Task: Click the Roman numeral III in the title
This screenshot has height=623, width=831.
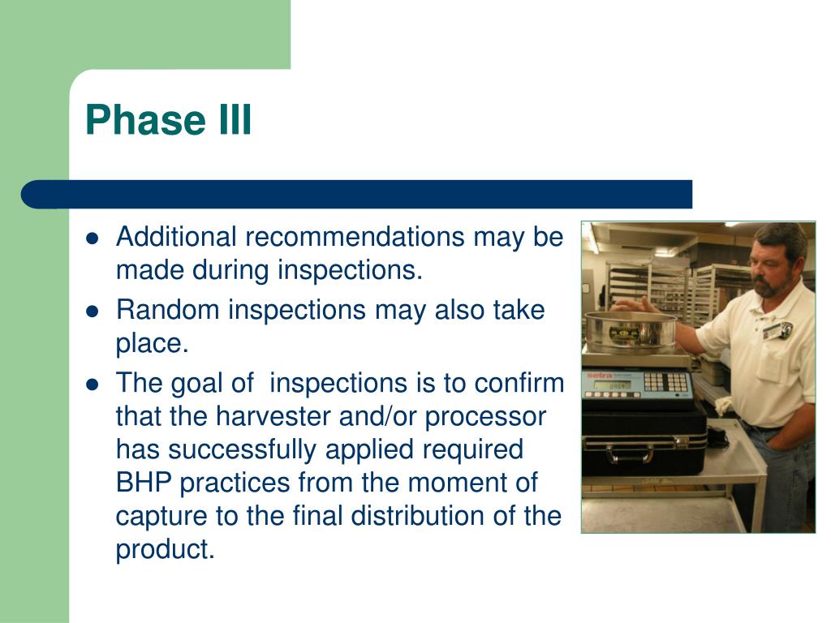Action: pos(235,120)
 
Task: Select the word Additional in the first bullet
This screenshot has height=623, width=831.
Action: pos(176,236)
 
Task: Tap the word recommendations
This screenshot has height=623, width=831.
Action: pos(355,236)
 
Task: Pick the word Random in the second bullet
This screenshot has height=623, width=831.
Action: pos(167,309)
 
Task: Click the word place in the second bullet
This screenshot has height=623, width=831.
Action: pos(152,344)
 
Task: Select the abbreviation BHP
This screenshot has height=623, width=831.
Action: pos(144,482)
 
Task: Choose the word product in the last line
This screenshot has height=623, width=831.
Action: pos(165,550)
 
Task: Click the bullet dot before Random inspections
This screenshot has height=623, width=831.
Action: pos(93,311)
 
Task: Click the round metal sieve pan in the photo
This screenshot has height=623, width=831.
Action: pos(630,332)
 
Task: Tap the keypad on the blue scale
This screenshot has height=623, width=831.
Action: pos(667,382)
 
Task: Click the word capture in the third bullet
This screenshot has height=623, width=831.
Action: pos(161,517)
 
